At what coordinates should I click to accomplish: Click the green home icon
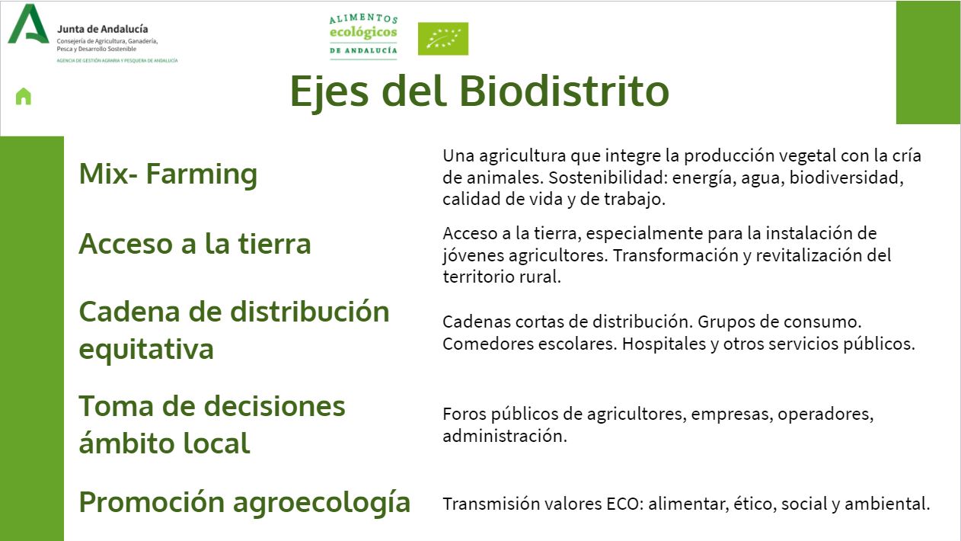click(24, 96)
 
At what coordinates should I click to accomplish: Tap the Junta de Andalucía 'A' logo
click(28, 24)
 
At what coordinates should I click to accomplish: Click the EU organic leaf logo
click(443, 39)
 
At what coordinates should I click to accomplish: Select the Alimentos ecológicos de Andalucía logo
click(363, 36)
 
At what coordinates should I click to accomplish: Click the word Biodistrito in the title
click(564, 91)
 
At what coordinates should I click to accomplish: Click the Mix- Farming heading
click(168, 174)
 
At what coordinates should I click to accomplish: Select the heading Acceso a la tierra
click(195, 244)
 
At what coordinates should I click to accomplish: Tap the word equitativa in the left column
click(146, 349)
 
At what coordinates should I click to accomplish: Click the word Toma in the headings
click(116, 406)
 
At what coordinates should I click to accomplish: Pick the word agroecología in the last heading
click(322, 503)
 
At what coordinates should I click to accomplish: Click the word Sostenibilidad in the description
click(608, 178)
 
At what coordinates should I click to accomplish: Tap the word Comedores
click(487, 344)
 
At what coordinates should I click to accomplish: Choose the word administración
click(505, 436)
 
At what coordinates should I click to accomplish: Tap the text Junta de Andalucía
click(103, 29)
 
